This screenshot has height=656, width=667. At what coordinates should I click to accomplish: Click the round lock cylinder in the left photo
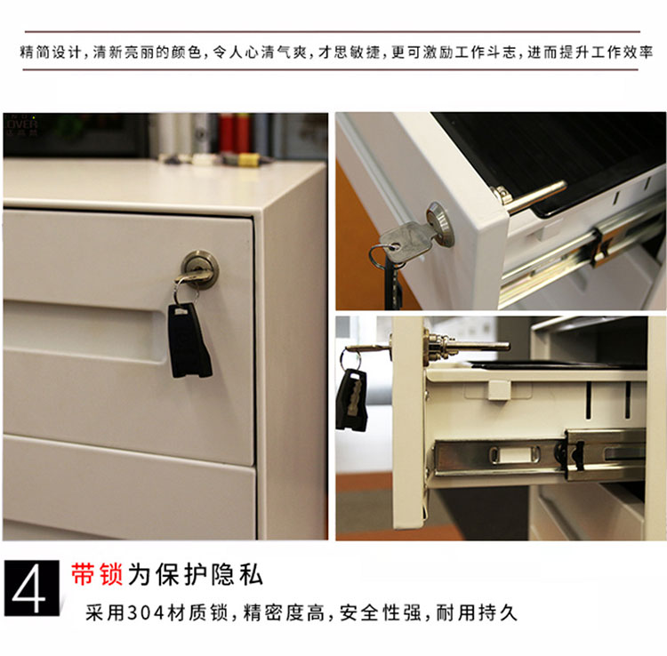point(200,268)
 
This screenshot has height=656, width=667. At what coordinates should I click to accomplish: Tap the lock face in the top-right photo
point(440,224)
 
